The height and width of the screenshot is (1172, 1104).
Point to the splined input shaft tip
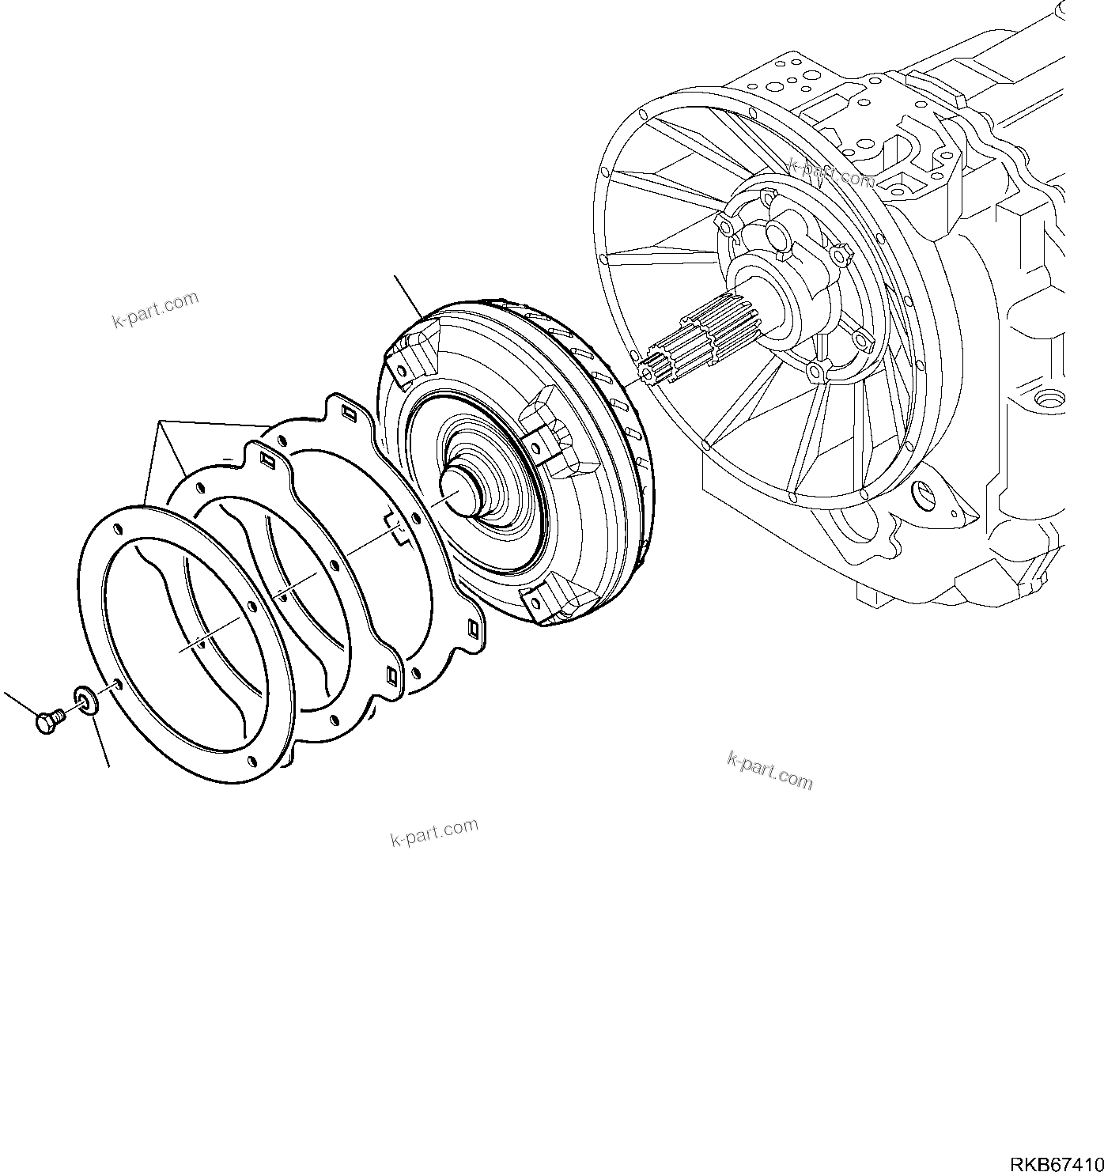pos(653,370)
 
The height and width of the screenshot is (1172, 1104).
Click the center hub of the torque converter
pos(456,493)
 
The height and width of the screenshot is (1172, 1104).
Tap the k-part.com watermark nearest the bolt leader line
pos(155,310)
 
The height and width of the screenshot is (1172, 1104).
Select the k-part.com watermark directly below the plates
pos(434,832)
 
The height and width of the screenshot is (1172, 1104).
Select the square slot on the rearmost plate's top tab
pos(348,413)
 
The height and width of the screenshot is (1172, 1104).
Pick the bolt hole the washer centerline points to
pos(118,682)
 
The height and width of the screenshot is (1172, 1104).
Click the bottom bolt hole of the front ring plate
pos(251,760)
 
